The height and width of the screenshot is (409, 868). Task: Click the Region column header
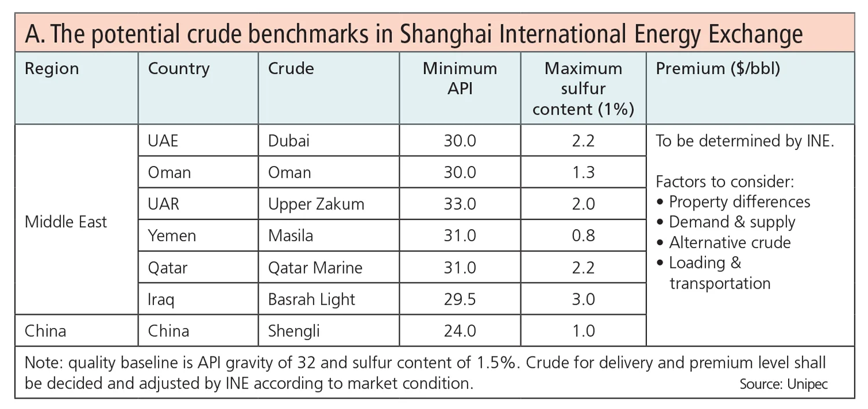[52, 69]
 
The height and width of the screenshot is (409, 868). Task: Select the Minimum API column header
[459, 79]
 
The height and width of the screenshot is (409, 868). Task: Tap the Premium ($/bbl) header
[718, 69]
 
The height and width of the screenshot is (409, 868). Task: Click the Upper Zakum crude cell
[316, 204]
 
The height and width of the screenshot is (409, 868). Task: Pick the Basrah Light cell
[311, 299]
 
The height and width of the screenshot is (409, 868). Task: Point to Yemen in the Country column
[172, 235]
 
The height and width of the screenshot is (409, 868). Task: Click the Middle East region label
[66, 222]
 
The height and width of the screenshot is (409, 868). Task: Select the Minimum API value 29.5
[459, 299]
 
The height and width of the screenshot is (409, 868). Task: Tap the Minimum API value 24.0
[459, 331]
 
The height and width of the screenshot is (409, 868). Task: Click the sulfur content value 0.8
[583, 235]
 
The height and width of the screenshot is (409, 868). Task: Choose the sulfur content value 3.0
[583, 299]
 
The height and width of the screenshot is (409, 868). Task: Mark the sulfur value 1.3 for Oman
[583, 172]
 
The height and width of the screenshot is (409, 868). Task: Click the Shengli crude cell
[294, 331]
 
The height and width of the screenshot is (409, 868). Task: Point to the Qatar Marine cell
[315, 268]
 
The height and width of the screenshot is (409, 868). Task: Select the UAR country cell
[164, 204]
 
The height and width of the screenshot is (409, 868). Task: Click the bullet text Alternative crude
[729, 242]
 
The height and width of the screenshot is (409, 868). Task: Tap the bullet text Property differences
[739, 202]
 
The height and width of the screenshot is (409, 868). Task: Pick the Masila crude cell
[290, 235]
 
